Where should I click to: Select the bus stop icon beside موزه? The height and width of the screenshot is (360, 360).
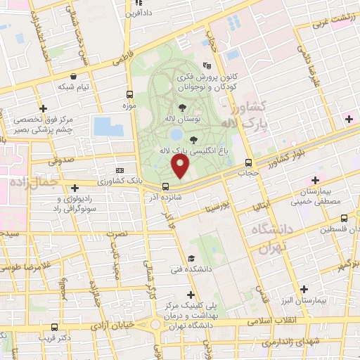pyautogui.click(x=129, y=94)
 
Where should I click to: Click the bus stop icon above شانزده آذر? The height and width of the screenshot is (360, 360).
pyautogui.click(x=166, y=187)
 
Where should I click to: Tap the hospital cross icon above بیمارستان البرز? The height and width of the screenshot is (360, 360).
pyautogui.click(x=304, y=289)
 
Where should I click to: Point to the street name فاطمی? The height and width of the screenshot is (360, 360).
pyautogui.click(x=120, y=61)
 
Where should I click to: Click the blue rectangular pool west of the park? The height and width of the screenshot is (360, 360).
pyautogui.click(x=108, y=127)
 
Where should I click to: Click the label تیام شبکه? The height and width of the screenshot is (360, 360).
pyautogui.click(x=73, y=87)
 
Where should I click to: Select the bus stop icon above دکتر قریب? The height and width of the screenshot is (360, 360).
pyautogui.click(x=56, y=327)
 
